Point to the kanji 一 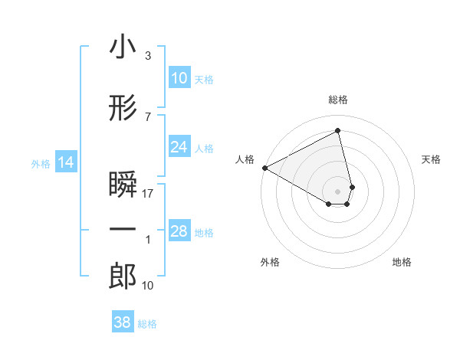[x=123, y=229]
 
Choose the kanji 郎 [x=123, y=277]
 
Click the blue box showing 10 [x=179, y=78]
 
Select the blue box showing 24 [x=179, y=147]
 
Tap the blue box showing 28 [x=179, y=232]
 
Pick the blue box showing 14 [x=65, y=162]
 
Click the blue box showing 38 [x=122, y=323]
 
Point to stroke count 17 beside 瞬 [x=148, y=195]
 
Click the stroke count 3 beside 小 [x=148, y=57]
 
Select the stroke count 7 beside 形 [x=148, y=116]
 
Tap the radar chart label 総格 [x=338, y=100]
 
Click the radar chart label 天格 [x=432, y=159]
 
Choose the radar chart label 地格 [x=402, y=262]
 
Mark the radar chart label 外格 [x=270, y=262]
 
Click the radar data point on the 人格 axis [x=264, y=168]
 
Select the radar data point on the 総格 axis [x=338, y=131]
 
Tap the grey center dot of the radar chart [x=338, y=191]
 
